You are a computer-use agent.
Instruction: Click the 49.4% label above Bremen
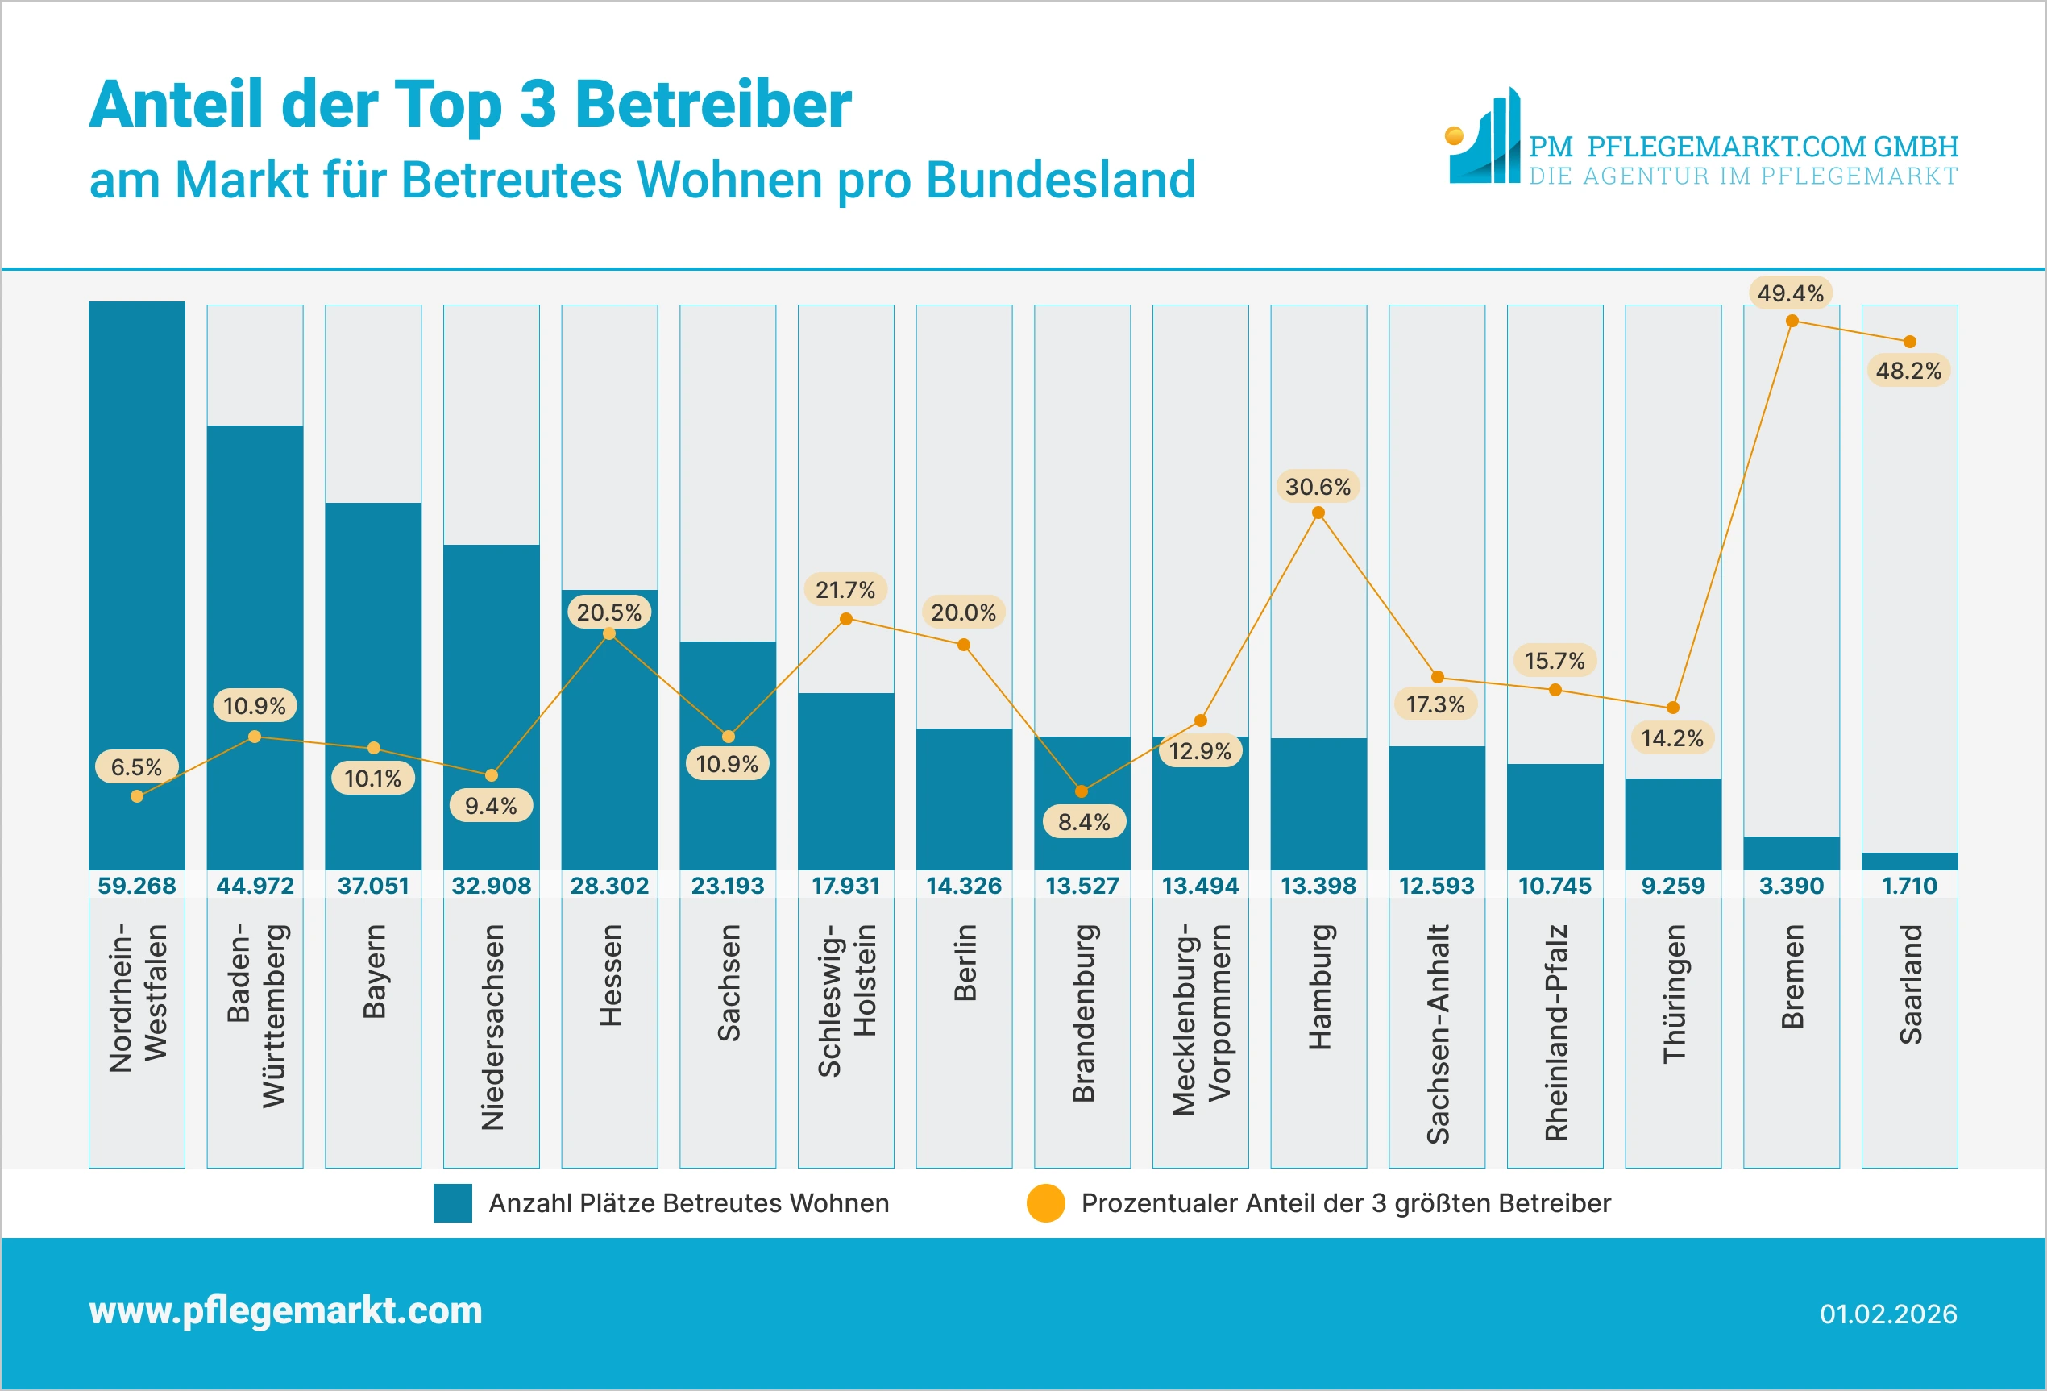[x=1790, y=293]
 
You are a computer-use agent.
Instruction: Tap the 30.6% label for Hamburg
[x=1318, y=486]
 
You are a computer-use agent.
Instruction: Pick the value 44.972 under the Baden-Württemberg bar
[x=255, y=886]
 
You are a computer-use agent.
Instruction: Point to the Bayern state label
[x=373, y=971]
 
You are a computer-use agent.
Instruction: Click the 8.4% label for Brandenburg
[x=1083, y=822]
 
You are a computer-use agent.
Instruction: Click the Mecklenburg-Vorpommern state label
[x=1201, y=1019]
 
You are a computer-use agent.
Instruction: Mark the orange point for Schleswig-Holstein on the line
[x=845, y=619]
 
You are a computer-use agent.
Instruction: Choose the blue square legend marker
[x=453, y=1203]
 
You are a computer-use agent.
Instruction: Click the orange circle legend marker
[x=1045, y=1203]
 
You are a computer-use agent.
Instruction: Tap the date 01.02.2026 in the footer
[x=1887, y=1314]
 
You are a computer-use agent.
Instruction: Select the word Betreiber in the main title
[x=712, y=105]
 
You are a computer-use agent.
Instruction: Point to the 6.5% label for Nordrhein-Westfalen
[x=136, y=766]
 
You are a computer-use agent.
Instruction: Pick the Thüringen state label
[x=1672, y=993]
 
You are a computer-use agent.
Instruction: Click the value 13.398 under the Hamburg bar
[x=1318, y=886]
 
